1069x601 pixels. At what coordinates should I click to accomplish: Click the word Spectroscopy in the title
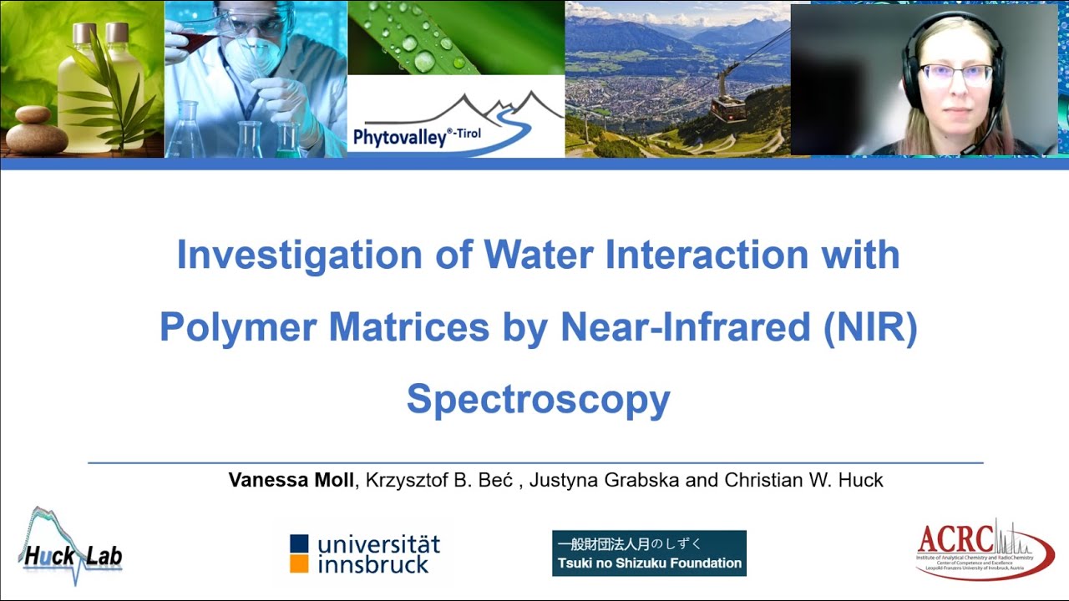pyautogui.click(x=538, y=400)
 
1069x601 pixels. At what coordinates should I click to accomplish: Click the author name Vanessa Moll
pyautogui.click(x=291, y=480)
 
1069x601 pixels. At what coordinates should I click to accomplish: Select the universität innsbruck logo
pyautogui.click(x=365, y=553)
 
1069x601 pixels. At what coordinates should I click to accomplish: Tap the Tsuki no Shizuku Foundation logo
pyautogui.click(x=649, y=553)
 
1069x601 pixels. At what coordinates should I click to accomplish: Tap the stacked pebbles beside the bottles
pyautogui.click(x=35, y=132)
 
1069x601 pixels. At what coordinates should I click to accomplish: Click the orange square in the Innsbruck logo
pyautogui.click(x=299, y=563)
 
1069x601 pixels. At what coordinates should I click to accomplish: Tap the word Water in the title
pyautogui.click(x=529, y=255)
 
